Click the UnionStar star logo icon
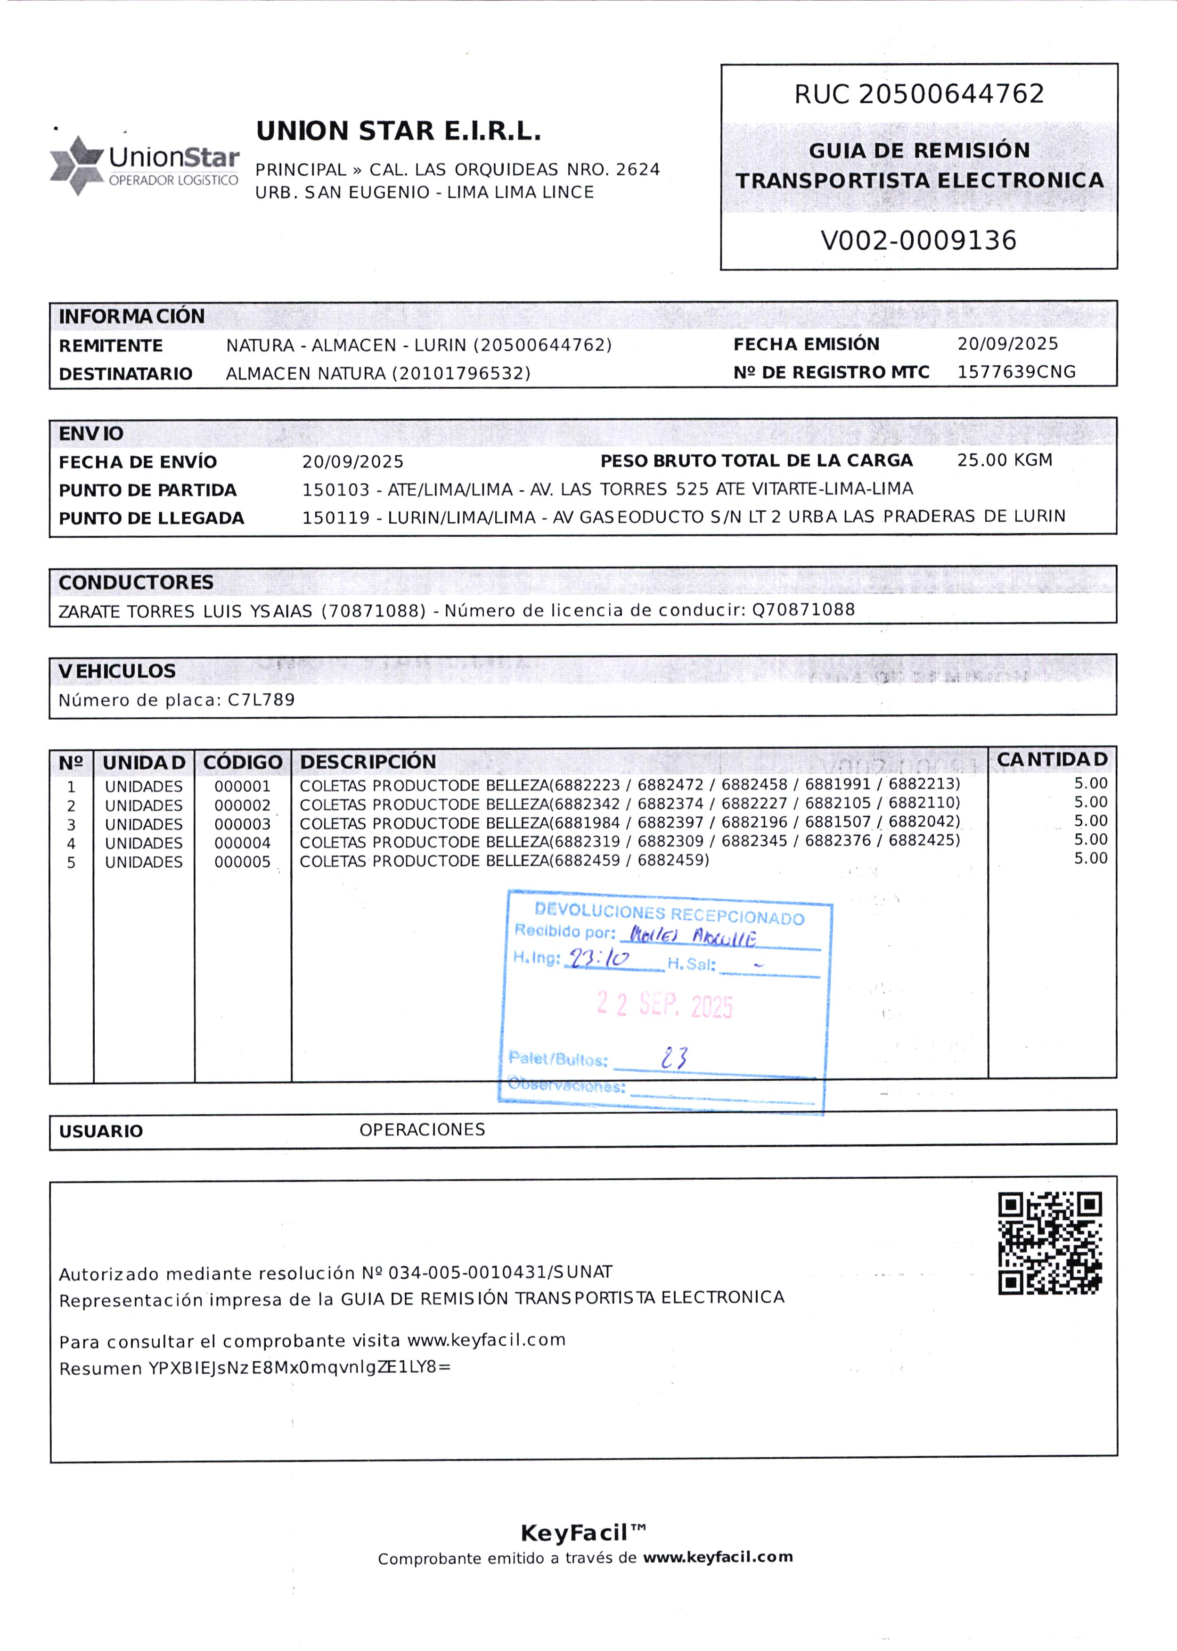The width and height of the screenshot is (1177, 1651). pos(76,165)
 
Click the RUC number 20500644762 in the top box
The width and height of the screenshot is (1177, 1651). pos(952,94)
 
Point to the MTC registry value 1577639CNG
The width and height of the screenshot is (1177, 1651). pos(1016,372)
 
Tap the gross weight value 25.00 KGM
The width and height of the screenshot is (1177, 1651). pos(1005,460)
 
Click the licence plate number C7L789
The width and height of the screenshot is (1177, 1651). pos(261,700)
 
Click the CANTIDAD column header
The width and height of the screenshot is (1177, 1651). pos(1052,760)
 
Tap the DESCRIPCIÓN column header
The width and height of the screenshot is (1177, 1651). pos(368,762)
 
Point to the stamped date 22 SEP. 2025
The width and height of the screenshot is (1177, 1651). pos(665,1006)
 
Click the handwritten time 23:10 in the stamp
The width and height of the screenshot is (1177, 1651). pos(599,959)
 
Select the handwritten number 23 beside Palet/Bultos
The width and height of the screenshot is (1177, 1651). pos(674,1058)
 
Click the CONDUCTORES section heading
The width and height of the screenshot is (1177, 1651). pos(136,583)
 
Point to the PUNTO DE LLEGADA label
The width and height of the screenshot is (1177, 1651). pos(151,518)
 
